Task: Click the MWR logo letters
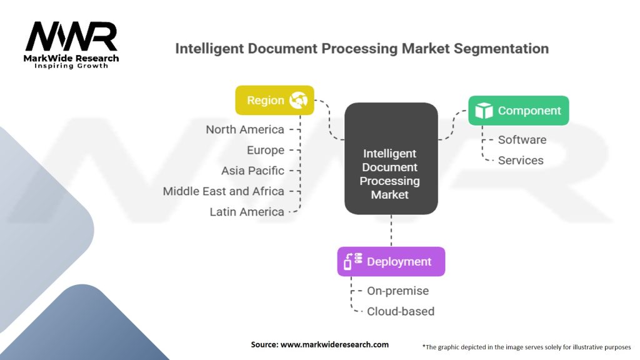(x=71, y=37)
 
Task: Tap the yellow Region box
(x=274, y=101)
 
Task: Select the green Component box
(x=518, y=111)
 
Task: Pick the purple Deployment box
(x=391, y=261)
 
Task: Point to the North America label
(x=245, y=130)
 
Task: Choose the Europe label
(x=265, y=150)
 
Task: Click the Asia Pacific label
(x=252, y=171)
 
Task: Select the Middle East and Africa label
(x=223, y=191)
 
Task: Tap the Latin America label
(x=247, y=212)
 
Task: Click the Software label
(x=522, y=139)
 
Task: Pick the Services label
(x=521, y=160)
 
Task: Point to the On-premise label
(x=397, y=291)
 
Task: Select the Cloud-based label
(x=400, y=311)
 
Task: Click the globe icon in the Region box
(x=298, y=101)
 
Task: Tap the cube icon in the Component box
(x=484, y=111)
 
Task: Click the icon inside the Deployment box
(x=353, y=261)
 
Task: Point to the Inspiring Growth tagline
(x=71, y=66)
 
